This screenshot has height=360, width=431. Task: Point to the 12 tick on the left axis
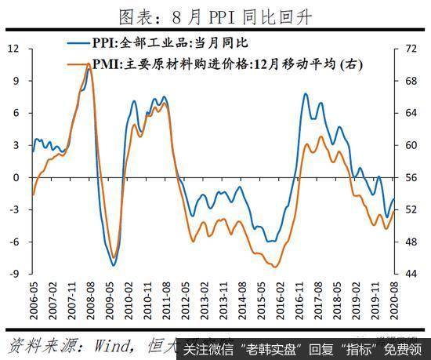pos(13,49)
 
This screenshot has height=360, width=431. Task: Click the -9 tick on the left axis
pos(13,274)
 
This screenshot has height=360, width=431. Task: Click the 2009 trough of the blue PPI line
pos(114,265)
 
